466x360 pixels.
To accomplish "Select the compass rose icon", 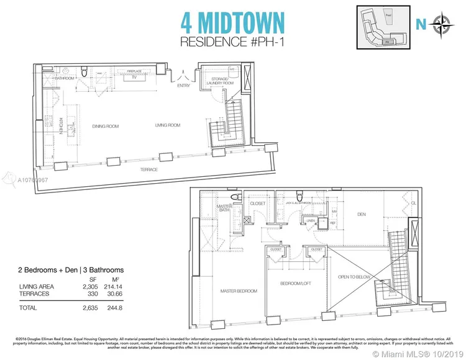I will pyautogui.click(x=442, y=25).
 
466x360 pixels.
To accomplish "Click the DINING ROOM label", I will pyautogui.click(x=106, y=126).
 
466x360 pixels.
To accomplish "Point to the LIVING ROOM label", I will pyautogui.click(x=168, y=125).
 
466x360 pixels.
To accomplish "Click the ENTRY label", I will pyautogui.click(x=183, y=85).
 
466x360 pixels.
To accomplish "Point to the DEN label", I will pyautogui.click(x=362, y=215).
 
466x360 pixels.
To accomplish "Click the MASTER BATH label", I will pyautogui.click(x=224, y=209).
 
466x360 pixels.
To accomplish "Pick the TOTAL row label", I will pyautogui.click(x=29, y=308).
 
